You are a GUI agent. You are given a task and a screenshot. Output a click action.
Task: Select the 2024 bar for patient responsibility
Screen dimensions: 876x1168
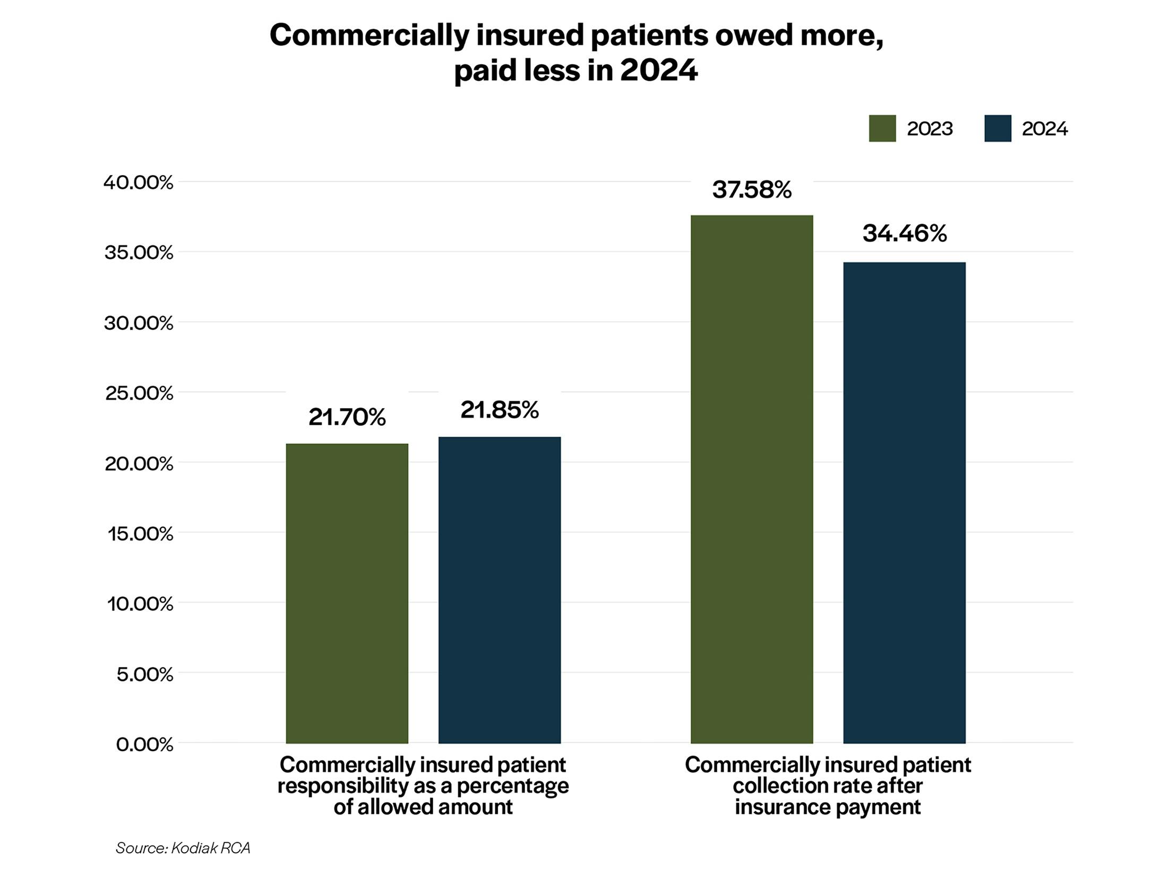click(499, 589)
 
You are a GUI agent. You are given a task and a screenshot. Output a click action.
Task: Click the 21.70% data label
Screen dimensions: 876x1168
click(347, 417)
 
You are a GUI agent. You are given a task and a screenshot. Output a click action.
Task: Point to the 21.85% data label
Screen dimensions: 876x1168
click(499, 410)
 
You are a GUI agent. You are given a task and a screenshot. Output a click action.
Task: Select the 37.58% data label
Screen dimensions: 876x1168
click(751, 190)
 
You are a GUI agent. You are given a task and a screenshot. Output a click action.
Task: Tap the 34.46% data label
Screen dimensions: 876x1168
click(904, 234)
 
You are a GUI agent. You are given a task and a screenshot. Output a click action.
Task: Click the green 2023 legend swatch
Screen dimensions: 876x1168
click(882, 128)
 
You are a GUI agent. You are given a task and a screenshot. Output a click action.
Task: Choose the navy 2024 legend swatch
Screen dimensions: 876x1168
click(997, 128)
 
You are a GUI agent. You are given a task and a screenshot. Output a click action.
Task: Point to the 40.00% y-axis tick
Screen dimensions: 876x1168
click(139, 183)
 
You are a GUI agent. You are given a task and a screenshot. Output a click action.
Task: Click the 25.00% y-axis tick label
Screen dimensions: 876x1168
click(139, 393)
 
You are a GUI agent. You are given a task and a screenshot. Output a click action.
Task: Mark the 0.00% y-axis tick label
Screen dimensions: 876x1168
click(144, 744)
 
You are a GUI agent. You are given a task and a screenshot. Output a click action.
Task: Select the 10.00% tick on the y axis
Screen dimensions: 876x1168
click(140, 604)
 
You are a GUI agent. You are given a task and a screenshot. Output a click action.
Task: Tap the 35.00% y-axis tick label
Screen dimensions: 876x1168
click(139, 253)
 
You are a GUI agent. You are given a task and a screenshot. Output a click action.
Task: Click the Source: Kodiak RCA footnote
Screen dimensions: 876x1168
click(183, 848)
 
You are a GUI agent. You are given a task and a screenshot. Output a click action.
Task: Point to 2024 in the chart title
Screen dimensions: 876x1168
click(658, 71)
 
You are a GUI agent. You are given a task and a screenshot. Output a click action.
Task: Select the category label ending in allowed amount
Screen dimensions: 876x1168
click(423, 785)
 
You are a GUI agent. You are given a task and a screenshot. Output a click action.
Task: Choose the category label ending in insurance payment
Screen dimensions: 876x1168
click(827, 785)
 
